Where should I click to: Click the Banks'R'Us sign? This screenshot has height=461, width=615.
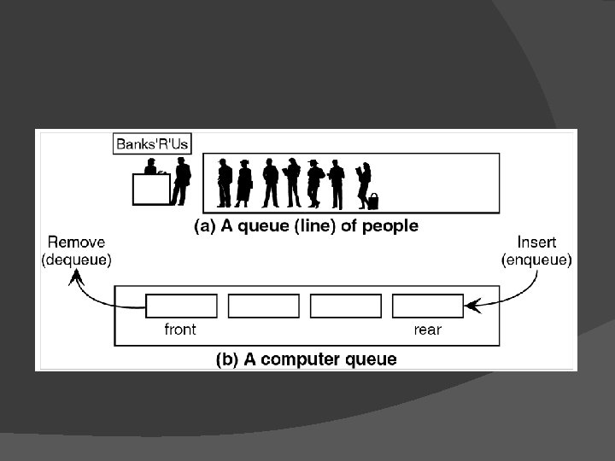tap(152, 143)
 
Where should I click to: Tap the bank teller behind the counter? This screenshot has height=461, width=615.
tap(151, 166)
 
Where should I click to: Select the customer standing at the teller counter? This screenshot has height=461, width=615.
tap(180, 180)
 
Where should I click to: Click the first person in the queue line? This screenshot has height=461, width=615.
tap(225, 183)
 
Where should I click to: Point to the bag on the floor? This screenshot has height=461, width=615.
tap(372, 201)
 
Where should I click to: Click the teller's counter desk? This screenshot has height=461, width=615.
tap(151, 190)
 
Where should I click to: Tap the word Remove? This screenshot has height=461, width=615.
tap(76, 243)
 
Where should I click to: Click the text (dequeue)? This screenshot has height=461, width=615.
tap(76, 260)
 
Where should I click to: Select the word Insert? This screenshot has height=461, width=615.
tap(537, 243)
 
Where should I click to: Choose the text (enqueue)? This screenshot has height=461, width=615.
tap(537, 260)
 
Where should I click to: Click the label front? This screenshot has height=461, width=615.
tap(180, 330)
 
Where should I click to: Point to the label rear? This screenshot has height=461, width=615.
tap(427, 330)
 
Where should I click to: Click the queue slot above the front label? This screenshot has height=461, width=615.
tap(181, 306)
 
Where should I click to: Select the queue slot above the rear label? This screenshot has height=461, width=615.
tap(427, 306)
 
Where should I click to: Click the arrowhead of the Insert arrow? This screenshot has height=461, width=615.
tap(470, 303)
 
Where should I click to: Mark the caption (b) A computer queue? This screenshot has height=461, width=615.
tap(305, 359)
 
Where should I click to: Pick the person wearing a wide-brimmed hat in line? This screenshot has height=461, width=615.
tap(314, 183)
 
